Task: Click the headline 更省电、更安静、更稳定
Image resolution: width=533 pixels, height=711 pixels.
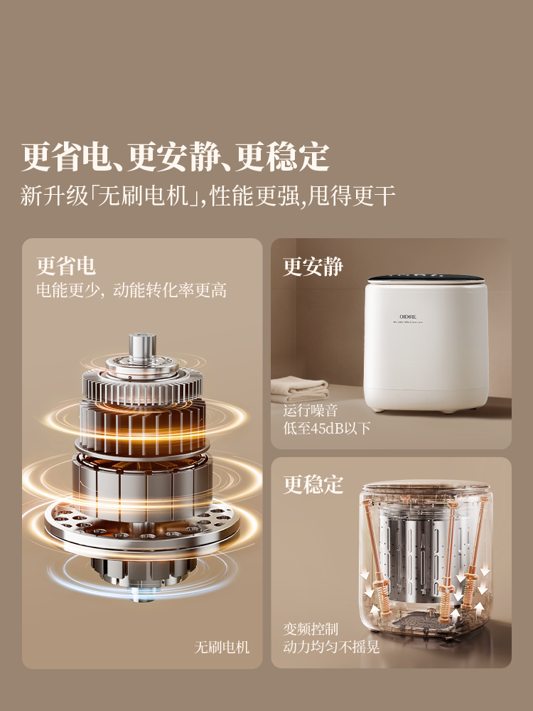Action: tap(175, 157)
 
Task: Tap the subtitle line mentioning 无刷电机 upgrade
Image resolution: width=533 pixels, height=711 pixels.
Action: tap(208, 196)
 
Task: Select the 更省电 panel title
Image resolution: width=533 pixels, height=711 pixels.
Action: tap(66, 266)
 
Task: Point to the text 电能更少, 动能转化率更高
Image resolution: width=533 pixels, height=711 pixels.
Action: tap(131, 290)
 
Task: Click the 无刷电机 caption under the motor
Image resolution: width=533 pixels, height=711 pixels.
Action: tap(222, 647)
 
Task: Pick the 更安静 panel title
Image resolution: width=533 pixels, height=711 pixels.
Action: tap(313, 267)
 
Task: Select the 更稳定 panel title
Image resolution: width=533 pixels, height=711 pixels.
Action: tap(313, 485)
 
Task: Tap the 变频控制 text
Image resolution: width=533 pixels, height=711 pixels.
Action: tap(311, 629)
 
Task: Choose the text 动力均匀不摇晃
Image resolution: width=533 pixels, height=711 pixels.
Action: tap(331, 647)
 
